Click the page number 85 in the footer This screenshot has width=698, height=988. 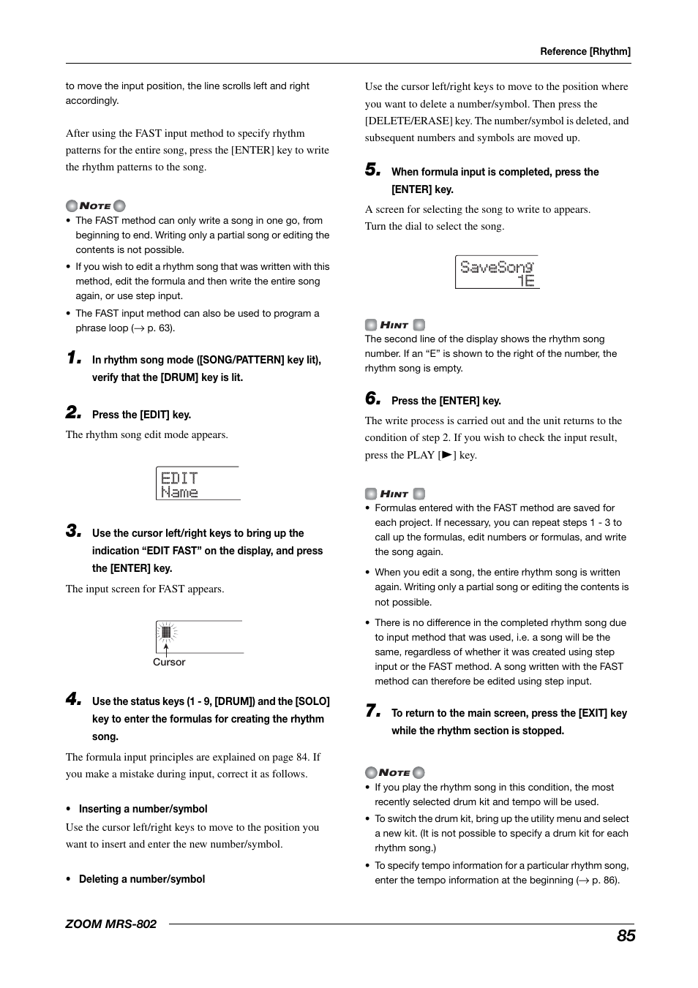click(626, 935)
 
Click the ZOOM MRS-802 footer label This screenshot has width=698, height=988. click(111, 924)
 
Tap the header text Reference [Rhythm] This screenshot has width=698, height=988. click(585, 51)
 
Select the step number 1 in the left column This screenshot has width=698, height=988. click(73, 358)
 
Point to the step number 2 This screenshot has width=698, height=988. click(73, 412)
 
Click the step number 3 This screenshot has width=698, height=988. click(73, 531)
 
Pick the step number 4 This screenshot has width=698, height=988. click(73, 699)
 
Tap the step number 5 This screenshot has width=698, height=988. click(372, 170)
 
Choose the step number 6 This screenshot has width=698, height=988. click(372, 399)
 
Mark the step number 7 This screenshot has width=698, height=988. click(372, 711)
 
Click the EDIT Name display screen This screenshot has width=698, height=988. click(198, 483)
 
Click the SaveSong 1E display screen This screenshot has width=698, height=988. click(497, 272)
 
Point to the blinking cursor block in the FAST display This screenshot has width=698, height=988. click(166, 632)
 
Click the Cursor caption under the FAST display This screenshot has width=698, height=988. click(169, 662)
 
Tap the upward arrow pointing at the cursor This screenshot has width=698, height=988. click(166, 648)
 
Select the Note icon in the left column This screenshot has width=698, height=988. click(95, 205)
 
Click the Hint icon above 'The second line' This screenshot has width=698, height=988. click(394, 325)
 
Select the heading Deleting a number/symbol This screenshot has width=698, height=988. click(142, 879)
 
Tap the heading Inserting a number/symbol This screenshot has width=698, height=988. click(143, 809)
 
